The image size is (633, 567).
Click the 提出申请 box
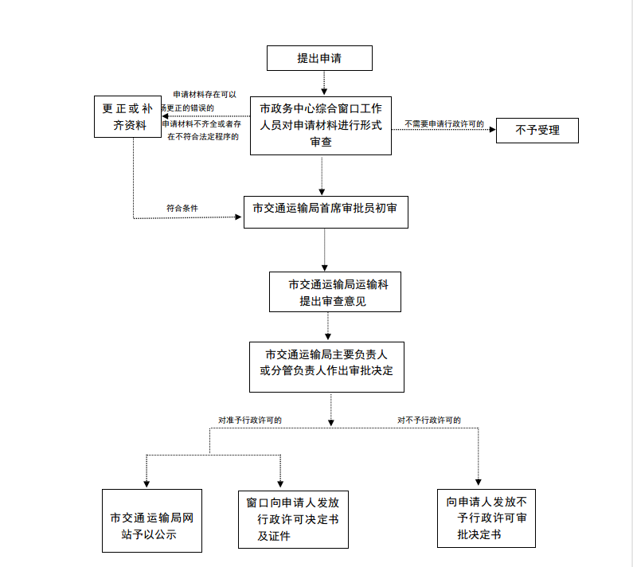tap(322, 58)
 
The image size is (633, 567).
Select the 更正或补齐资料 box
tap(127, 117)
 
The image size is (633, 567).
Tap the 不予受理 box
tap(537, 130)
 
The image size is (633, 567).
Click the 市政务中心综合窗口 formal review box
tap(321, 126)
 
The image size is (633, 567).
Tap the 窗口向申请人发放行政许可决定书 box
tap(293, 519)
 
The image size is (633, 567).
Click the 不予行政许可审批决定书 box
tap(486, 518)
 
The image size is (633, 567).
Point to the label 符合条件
tap(182, 208)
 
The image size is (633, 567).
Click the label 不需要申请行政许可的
tap(443, 123)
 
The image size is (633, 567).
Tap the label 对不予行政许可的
tap(429, 420)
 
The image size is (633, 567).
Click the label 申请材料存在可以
tap(205, 95)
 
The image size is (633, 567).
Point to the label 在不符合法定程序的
tap(203, 137)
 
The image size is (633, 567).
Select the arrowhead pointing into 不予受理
tap(491, 130)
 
